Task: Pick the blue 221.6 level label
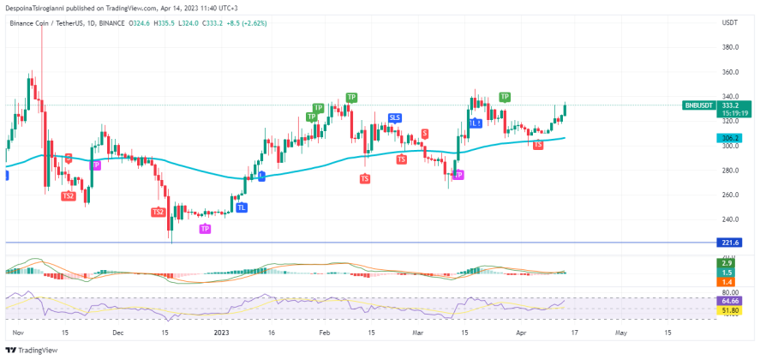point(730,243)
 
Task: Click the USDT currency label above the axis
point(731,22)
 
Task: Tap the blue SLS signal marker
point(395,117)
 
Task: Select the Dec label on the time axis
point(118,331)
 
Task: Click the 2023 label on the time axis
point(222,331)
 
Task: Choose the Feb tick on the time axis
point(324,331)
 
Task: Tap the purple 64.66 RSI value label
point(730,301)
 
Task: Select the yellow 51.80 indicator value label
point(730,311)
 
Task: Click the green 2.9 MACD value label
point(726,262)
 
